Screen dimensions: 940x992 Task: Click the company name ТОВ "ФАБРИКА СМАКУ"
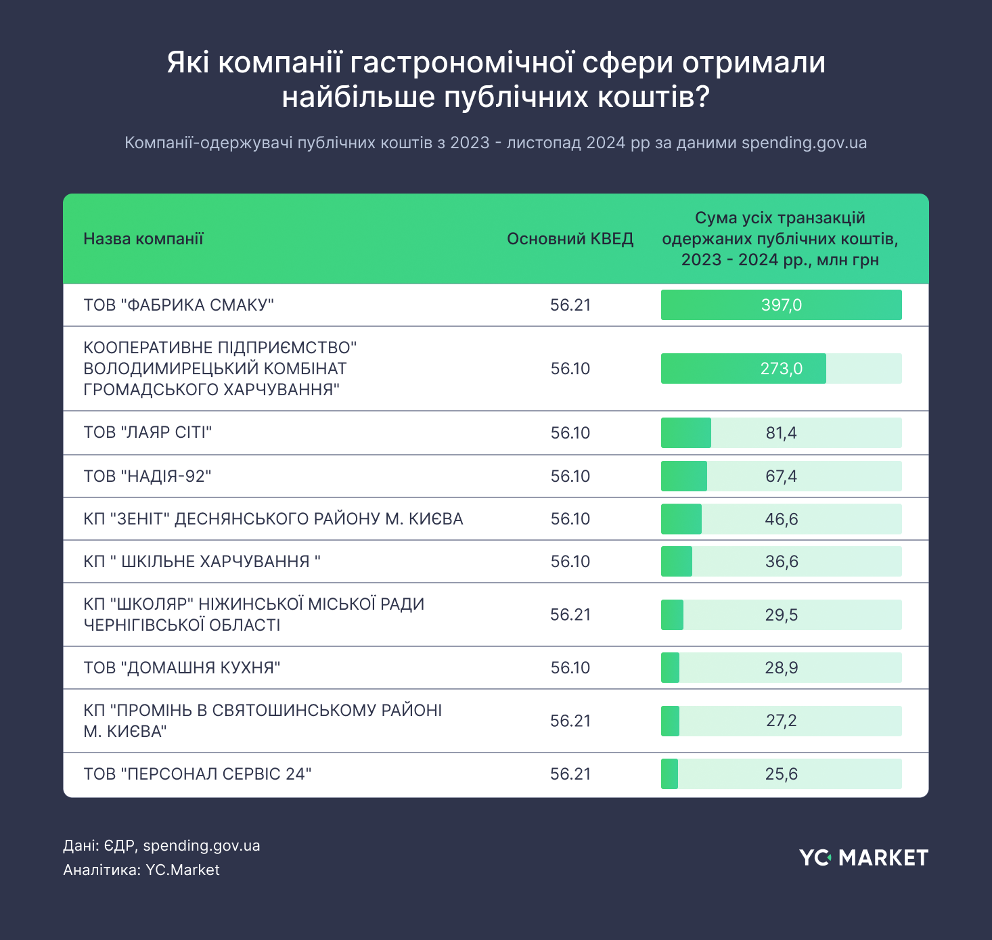[x=179, y=305]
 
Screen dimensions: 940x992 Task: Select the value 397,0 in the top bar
[x=782, y=305]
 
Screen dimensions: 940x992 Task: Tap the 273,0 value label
[x=782, y=369]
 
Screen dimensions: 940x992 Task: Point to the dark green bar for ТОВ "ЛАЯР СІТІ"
[x=685, y=433]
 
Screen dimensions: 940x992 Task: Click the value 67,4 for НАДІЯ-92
[x=782, y=476]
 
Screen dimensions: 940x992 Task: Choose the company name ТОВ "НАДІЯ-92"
[x=148, y=476]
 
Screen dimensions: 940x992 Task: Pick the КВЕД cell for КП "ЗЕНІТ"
[x=570, y=519]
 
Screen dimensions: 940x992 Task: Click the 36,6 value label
[x=782, y=562]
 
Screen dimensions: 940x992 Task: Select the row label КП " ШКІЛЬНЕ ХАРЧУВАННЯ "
[x=202, y=562]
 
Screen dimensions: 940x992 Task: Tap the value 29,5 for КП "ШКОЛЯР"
[x=782, y=615]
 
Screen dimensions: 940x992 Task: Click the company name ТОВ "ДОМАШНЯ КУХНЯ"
[x=182, y=668]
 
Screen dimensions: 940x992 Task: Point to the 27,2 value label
[x=782, y=721]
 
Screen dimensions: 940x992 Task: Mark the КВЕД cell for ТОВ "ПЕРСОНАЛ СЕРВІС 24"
[x=570, y=774]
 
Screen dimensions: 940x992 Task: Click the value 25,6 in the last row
[x=782, y=774]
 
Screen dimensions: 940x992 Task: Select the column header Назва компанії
[x=143, y=239]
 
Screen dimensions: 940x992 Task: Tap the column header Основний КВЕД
[x=570, y=239]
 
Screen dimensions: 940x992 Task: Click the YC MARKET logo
[x=863, y=857]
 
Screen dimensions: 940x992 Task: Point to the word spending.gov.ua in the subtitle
[x=804, y=143]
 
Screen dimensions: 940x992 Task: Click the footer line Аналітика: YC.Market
[x=141, y=870]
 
